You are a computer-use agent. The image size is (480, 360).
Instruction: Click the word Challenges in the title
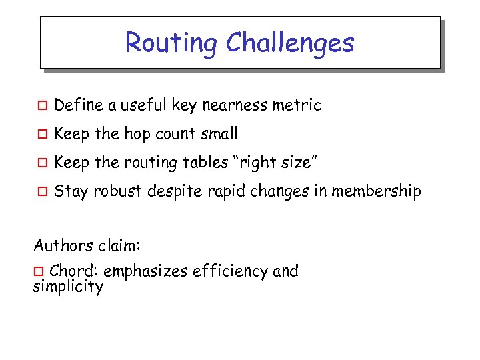[290, 43]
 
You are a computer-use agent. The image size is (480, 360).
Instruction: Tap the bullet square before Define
[41, 105]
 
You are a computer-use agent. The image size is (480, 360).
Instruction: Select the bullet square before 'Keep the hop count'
[41, 134]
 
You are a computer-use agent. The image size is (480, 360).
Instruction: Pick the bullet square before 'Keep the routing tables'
[41, 163]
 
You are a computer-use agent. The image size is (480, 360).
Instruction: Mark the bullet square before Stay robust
[41, 192]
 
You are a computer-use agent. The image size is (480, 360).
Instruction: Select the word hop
[137, 135]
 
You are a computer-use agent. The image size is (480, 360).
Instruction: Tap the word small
[219, 134]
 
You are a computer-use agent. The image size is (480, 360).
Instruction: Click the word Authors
[61, 245]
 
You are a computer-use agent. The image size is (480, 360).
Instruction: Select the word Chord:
[74, 271]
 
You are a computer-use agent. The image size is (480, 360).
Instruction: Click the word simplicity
[68, 288]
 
